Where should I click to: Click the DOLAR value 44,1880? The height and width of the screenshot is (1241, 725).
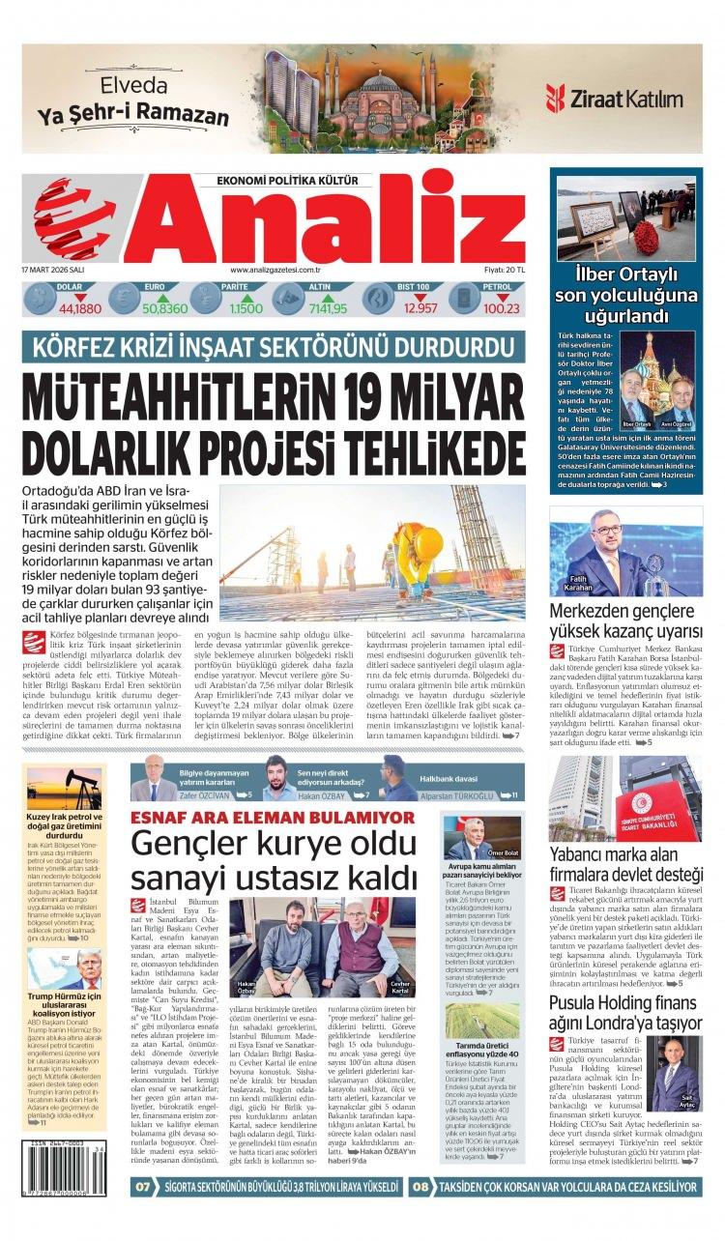79,308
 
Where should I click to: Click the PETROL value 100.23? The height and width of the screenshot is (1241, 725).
502,308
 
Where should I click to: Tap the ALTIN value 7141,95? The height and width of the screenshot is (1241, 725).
327,308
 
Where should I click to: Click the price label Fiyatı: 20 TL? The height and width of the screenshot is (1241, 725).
505,270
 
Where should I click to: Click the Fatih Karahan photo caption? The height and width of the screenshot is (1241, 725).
576,584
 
